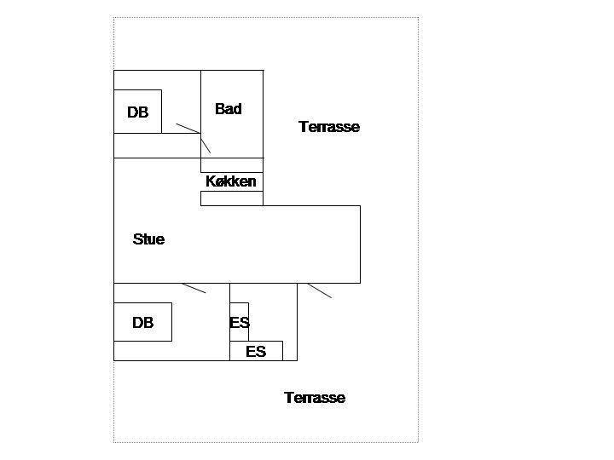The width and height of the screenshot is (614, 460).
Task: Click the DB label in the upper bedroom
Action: click(138, 112)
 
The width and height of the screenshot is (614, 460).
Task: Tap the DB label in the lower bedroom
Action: click(143, 323)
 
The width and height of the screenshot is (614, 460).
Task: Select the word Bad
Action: click(229, 109)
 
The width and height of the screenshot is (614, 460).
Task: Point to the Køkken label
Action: click(231, 181)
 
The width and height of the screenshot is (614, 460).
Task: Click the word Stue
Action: click(148, 239)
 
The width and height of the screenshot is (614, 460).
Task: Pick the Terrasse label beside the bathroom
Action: click(329, 127)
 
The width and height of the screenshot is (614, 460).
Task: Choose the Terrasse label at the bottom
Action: click(315, 398)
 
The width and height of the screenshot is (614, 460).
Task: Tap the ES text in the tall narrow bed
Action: click(240, 323)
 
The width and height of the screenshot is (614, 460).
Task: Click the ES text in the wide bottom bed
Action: click(256, 352)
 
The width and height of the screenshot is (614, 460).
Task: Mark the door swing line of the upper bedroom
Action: click(188, 129)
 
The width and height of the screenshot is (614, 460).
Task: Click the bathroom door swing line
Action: click(206, 143)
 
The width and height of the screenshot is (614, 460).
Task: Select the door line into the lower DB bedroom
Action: click(194, 288)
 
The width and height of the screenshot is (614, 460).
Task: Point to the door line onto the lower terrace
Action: click(320, 290)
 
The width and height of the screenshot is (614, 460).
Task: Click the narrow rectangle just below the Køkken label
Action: click(232, 198)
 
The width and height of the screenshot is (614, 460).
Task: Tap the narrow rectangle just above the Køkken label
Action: click(232, 165)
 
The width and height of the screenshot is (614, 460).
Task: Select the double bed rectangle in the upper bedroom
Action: click(137, 112)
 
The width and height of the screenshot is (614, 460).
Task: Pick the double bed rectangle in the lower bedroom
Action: click(142, 322)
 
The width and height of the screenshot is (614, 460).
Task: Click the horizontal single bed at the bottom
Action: click(256, 351)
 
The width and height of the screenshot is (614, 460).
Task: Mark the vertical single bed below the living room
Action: click(240, 322)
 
